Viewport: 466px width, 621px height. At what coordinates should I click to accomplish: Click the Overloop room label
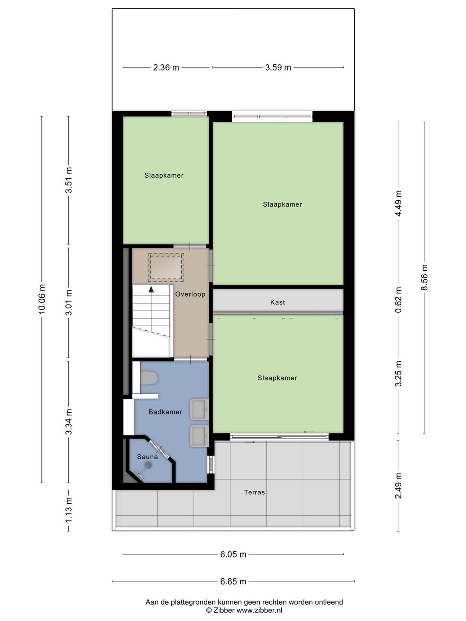(190, 295)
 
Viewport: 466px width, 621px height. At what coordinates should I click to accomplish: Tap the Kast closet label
(277, 302)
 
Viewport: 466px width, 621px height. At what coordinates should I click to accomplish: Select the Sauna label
(147, 457)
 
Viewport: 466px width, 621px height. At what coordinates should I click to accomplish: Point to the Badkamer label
(165, 412)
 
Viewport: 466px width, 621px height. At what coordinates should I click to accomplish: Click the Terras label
(254, 492)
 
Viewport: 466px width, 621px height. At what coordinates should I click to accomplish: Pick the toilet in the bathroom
(149, 378)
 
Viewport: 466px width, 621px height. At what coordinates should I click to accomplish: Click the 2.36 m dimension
(166, 68)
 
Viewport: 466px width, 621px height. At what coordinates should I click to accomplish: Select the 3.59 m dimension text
(278, 68)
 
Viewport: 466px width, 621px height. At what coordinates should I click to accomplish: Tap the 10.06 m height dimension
(42, 298)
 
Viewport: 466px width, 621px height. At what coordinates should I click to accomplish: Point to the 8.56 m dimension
(424, 277)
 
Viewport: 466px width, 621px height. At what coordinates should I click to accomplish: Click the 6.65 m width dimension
(233, 581)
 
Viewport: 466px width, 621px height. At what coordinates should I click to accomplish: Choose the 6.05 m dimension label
(233, 555)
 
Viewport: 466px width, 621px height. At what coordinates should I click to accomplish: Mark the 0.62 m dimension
(398, 300)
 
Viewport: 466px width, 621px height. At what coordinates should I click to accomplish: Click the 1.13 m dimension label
(69, 510)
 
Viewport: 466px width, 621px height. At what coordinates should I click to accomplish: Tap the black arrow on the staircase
(151, 290)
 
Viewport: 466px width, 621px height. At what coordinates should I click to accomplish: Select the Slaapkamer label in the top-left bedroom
(164, 176)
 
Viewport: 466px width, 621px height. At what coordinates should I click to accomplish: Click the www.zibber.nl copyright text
(244, 610)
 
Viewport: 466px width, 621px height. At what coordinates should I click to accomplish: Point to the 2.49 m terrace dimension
(398, 486)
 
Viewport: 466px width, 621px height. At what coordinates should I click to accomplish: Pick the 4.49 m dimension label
(398, 204)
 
